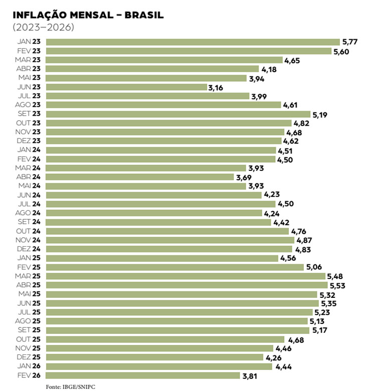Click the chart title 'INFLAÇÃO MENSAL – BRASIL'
88,15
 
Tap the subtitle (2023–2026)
43,27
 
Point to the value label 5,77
349,42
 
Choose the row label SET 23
29,114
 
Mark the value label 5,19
320,115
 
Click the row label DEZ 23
29,141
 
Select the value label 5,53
338,285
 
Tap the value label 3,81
250,375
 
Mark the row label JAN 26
30,366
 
